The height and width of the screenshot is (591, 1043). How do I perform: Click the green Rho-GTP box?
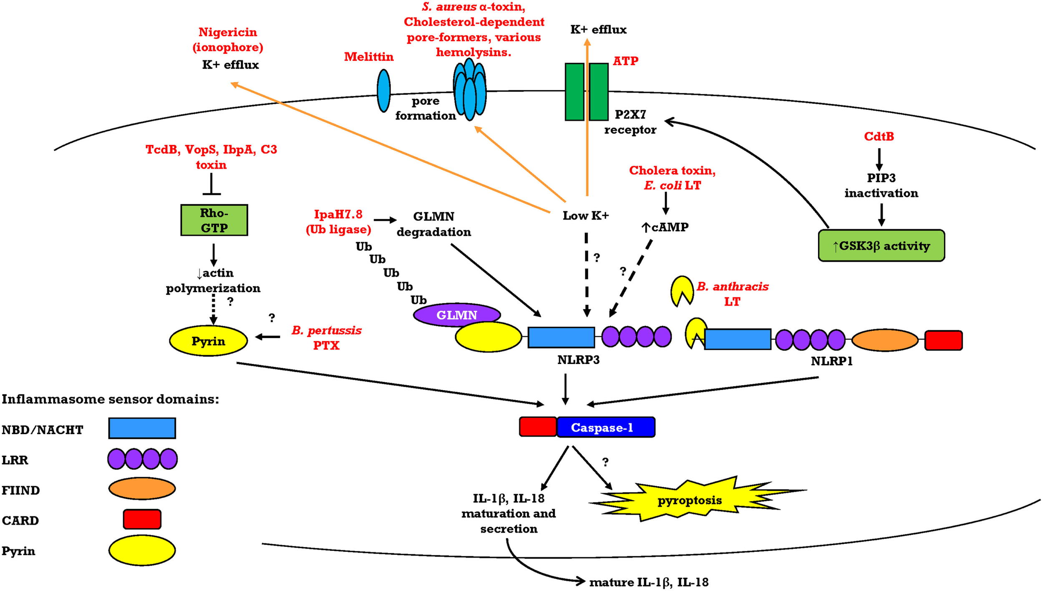(214, 220)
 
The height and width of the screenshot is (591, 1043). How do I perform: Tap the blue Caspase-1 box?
(605, 427)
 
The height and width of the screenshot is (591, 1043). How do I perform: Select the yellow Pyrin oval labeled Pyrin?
(208, 341)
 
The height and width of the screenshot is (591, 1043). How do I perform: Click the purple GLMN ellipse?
(456, 315)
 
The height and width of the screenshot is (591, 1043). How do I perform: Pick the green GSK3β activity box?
(881, 245)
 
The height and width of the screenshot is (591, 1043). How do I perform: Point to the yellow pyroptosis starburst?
(689, 500)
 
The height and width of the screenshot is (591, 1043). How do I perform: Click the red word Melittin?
(368, 57)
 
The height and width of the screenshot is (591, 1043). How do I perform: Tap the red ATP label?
(625, 61)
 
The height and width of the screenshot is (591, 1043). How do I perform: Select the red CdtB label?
(879, 136)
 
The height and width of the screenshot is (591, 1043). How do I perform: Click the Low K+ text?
(585, 216)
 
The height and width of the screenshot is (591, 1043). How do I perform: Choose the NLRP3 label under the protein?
(578, 360)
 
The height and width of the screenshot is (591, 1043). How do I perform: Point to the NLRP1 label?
(831, 361)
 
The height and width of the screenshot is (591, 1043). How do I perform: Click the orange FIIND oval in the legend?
(142, 488)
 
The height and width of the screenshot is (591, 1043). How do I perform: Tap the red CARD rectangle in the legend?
(142, 519)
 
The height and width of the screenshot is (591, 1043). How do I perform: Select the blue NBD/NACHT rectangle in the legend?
(142, 428)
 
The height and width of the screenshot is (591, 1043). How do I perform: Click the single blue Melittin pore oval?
(383, 91)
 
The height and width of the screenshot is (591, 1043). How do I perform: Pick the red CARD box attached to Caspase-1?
(537, 427)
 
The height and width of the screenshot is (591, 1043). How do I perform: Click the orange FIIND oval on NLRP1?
(884, 340)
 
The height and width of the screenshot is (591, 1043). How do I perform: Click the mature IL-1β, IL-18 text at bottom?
(648, 582)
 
